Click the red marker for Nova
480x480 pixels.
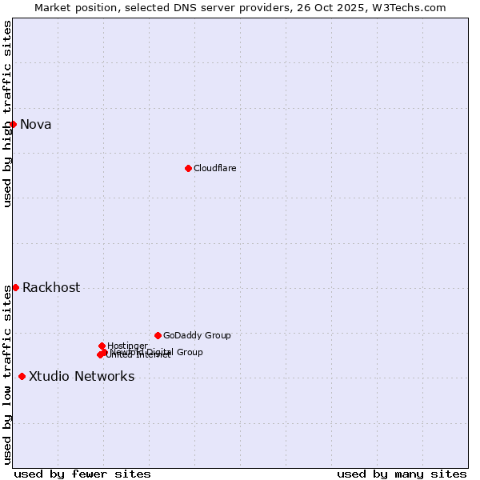[13, 124]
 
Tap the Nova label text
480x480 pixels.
[36, 124]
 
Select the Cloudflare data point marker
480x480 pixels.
[188, 168]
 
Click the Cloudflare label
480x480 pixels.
[215, 168]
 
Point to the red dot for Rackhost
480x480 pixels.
[15, 287]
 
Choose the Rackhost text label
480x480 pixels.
[51, 288]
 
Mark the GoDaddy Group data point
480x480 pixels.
[158, 335]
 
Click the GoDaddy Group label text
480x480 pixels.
[197, 335]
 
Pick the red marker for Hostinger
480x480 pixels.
[102, 346]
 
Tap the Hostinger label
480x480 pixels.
[128, 346]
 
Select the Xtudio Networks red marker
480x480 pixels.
[22, 376]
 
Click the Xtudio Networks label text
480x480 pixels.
[82, 377]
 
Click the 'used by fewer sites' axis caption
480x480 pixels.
[82, 474]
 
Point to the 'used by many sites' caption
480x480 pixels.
[402, 474]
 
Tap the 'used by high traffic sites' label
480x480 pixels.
[7, 114]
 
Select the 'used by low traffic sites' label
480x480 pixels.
[7, 374]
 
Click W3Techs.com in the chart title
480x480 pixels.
[414, 7]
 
